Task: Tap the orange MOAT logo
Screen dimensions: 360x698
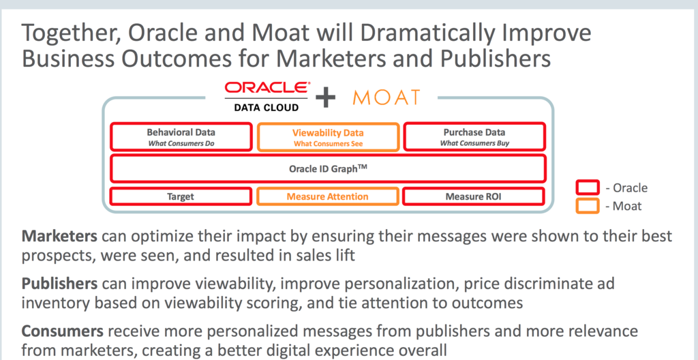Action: coord(386,97)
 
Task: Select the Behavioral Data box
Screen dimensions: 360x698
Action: coord(181,136)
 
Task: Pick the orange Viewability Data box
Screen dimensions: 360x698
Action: coord(328,136)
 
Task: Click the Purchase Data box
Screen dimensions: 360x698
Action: coord(474,136)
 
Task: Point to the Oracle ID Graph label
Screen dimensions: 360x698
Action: coord(328,168)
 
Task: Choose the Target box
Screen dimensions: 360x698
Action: coord(181,196)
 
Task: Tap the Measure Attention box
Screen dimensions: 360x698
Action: coord(328,196)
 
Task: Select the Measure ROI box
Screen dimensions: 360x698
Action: coord(474,196)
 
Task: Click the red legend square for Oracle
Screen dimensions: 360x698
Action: coord(587,187)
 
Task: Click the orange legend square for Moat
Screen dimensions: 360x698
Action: coord(587,205)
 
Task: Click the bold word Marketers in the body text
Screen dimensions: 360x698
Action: coord(61,237)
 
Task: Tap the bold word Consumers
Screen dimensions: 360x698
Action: coord(63,331)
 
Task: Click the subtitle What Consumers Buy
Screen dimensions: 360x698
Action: coord(474,143)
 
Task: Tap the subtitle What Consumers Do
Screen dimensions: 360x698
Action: coord(181,143)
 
